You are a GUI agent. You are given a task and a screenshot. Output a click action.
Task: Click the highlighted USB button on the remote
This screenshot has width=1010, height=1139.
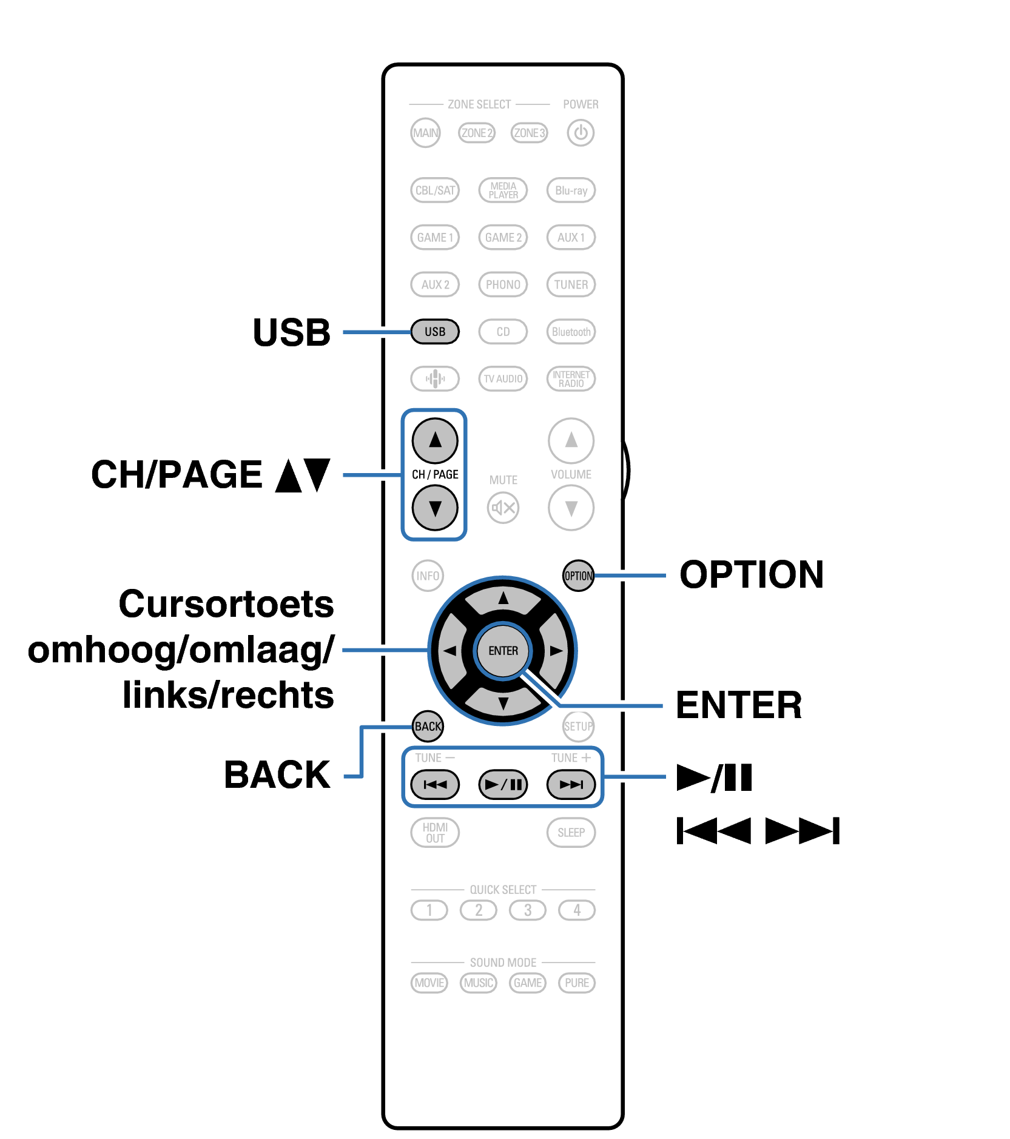point(435,332)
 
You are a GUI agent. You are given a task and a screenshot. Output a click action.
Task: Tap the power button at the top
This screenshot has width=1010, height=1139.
point(581,133)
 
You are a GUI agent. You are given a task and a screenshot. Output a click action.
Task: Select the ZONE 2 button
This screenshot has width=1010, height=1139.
point(477,133)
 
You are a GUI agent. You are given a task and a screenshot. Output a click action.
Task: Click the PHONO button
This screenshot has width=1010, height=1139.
point(503,284)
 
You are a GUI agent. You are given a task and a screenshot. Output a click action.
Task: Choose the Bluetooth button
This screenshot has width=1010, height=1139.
point(571,332)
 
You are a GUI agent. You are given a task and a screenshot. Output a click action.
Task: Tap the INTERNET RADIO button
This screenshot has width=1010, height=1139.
point(571,379)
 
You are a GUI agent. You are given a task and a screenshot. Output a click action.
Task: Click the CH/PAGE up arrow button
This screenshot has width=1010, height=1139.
point(435,440)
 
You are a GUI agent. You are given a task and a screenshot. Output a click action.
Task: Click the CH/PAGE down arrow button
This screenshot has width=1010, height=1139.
point(435,508)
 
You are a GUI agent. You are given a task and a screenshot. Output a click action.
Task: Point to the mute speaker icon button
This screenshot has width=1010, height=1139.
point(503,508)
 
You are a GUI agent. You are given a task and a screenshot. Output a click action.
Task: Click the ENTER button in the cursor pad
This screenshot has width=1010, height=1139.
point(503,651)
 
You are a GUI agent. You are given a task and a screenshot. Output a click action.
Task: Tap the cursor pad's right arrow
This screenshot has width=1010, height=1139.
point(555,651)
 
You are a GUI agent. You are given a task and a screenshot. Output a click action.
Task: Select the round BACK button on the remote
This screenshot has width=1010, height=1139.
point(428,726)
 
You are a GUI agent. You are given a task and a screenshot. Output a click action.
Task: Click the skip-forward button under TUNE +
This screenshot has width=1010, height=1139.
point(571,785)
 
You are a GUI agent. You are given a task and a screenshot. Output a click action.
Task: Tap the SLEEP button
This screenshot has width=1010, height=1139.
point(571,833)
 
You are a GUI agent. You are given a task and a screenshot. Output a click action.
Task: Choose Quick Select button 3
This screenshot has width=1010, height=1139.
point(528,910)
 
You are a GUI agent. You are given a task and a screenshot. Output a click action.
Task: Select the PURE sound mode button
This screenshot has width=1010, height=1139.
point(576,983)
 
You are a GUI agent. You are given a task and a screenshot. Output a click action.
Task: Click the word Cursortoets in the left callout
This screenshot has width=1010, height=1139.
point(226,604)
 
